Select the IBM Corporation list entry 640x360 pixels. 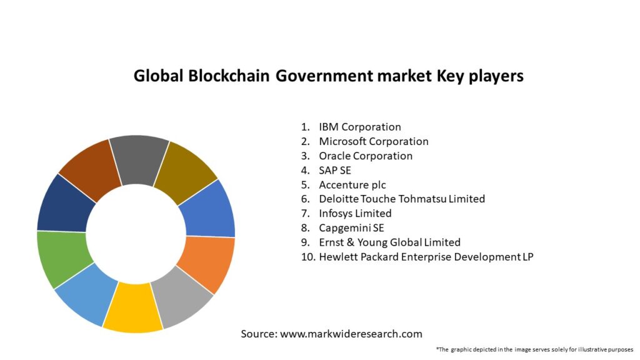point(359,127)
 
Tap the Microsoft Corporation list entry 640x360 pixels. point(373,141)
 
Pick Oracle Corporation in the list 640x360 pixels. point(366,156)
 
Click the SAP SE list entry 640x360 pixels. point(335,170)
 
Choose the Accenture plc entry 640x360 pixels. point(352,184)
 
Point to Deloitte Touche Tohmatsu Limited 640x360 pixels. point(401,199)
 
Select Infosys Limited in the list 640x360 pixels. point(355,213)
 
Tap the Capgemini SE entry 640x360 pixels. point(351,227)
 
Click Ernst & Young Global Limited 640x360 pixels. point(389,242)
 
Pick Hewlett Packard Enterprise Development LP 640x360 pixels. point(426,256)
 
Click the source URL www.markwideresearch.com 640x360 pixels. point(351,334)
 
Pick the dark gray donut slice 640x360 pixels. point(139,159)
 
